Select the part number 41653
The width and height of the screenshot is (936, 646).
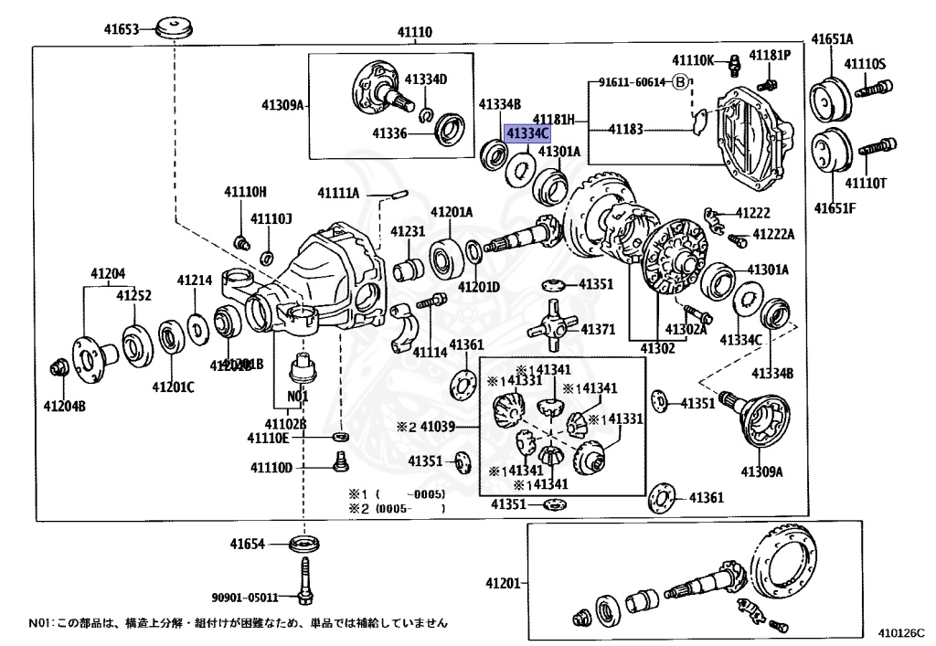point(121,29)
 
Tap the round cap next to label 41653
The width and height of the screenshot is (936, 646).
point(172,27)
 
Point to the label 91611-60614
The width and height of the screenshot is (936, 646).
point(633,82)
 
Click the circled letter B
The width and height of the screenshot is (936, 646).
point(679,82)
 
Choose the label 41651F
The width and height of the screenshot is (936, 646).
point(835,207)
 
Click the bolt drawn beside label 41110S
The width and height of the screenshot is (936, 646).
point(875,90)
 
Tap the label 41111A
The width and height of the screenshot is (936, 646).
point(338,192)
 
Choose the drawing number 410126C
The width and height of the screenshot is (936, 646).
point(901,631)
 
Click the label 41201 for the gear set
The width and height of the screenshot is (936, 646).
point(503,583)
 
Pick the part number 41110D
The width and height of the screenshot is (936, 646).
point(271,468)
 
